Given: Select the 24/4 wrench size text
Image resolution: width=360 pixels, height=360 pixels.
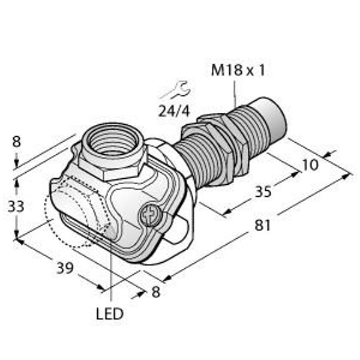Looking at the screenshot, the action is pyautogui.click(x=175, y=112).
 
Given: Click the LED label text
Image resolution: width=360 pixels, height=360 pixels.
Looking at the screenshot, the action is pyautogui.click(x=110, y=314).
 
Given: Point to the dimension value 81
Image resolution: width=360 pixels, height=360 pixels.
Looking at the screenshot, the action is pyautogui.click(x=263, y=225).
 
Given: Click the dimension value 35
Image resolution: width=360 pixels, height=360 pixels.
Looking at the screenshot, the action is pyautogui.click(x=263, y=191).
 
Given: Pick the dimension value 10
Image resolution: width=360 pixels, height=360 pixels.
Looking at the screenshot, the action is pyautogui.click(x=310, y=164).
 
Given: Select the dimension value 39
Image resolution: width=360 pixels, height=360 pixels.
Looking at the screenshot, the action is pyautogui.click(x=65, y=268).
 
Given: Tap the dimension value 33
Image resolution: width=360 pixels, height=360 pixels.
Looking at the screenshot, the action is pyautogui.click(x=16, y=206).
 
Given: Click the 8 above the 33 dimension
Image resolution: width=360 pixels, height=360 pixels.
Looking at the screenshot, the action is pyautogui.click(x=16, y=142).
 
